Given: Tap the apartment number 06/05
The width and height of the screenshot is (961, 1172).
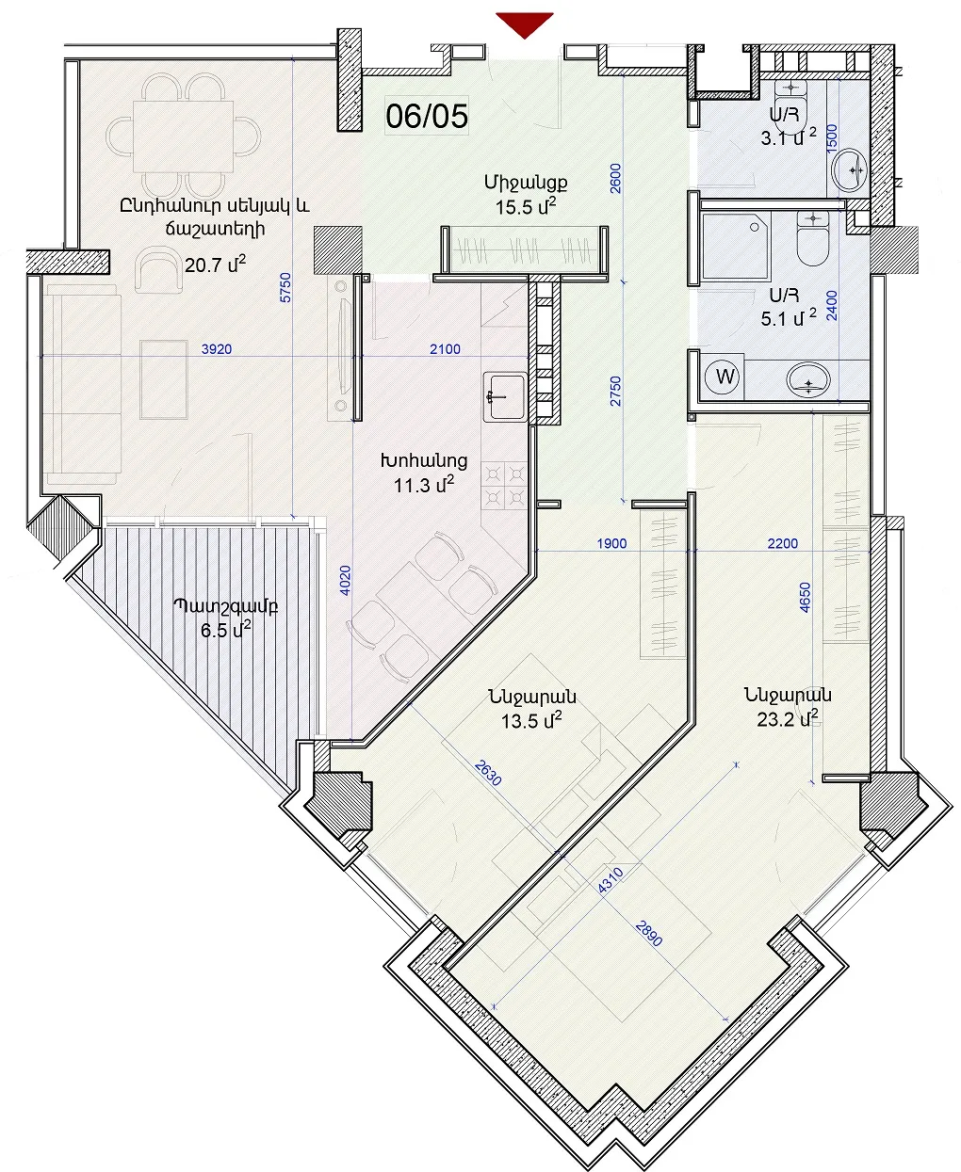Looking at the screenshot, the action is point(427,116).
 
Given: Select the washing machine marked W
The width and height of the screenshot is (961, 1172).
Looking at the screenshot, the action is point(725,377).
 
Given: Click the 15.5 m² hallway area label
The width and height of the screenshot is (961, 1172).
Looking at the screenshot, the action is point(526,207).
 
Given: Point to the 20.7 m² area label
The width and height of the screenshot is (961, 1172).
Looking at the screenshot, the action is point(215,265).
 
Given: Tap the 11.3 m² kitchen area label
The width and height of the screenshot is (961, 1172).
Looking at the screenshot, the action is point(424,485).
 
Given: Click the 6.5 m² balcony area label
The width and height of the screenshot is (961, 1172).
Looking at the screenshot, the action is point(226,630).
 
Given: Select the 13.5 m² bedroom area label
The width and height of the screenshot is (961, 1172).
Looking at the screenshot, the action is point(531,721).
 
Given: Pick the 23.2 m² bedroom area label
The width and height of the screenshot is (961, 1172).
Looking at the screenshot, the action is point(788,719).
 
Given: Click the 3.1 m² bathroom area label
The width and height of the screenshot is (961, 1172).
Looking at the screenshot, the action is point(789,137).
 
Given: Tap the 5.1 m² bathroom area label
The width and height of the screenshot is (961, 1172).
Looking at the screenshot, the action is point(789,318).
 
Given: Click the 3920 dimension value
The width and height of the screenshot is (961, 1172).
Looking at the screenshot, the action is point(217,349).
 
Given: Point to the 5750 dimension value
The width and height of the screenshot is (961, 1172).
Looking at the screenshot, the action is point(285,287).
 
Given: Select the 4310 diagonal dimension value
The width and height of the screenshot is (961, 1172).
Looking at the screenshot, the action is point(611,881).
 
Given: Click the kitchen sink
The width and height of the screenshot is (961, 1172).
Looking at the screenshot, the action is point(505,396).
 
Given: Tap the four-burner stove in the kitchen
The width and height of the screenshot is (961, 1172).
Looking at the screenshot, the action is point(504,486).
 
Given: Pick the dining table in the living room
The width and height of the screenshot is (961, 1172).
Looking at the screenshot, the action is point(183,136).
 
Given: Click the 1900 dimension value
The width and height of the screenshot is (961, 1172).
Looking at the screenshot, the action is point(611,543).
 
